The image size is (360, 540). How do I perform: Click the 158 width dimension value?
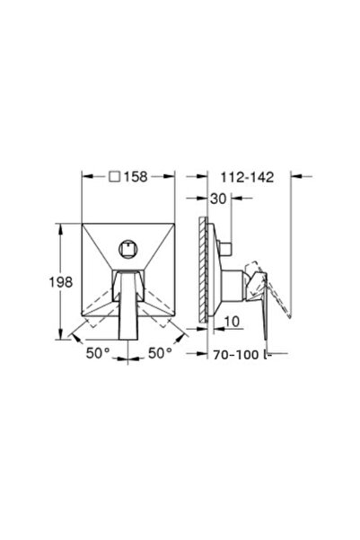tap(136, 177)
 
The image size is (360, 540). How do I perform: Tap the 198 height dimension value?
tap(60, 282)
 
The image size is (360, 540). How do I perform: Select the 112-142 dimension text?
tap(247, 177)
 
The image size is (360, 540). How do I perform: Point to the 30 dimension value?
tap(218, 199)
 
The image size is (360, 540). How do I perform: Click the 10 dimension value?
tap(232, 322)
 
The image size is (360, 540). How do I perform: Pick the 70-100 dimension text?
tap(236, 355)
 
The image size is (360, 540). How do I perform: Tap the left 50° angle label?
tap(98, 353)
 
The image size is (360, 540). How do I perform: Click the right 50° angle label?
tap(160, 353)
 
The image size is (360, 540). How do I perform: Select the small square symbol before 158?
tap(115, 177)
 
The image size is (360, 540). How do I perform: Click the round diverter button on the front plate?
tap(128, 248)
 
